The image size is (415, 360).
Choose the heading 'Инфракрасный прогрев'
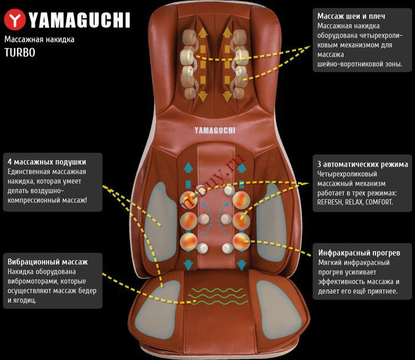tap(358, 252)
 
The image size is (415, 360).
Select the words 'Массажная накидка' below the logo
tap(39, 39)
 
